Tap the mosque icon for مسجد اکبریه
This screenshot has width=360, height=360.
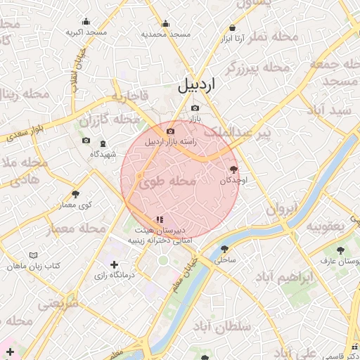(86, 22)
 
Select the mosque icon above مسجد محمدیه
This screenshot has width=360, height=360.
(165, 23)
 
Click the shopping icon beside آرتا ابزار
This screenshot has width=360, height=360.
(231, 28)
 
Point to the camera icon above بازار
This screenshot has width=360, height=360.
(195, 108)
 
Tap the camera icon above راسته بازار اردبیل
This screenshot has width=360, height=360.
(170, 131)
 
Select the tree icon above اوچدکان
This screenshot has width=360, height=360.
(233, 169)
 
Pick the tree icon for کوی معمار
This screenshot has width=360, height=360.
(75, 194)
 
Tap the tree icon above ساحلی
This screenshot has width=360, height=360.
(224, 249)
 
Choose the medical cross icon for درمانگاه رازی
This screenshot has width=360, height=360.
(115, 264)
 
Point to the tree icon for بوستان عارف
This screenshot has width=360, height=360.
(340, 250)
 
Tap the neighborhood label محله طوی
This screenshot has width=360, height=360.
(167, 181)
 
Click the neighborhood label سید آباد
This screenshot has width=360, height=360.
(333, 111)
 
